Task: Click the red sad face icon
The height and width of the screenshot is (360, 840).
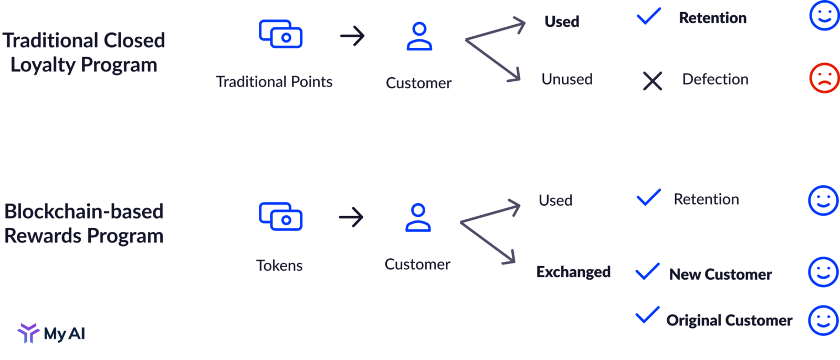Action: click(x=824, y=78)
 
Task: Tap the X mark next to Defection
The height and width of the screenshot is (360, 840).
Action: click(x=653, y=81)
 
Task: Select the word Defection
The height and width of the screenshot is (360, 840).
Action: click(x=715, y=80)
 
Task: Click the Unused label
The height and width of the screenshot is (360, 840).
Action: click(x=567, y=80)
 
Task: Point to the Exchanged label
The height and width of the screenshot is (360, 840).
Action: click(x=573, y=272)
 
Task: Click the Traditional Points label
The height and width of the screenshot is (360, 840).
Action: click(x=274, y=82)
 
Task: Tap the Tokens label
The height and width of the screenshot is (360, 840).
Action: click(x=279, y=266)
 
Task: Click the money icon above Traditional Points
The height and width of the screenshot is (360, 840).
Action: click(x=281, y=34)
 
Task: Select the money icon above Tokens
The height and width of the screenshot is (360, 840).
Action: click(x=281, y=216)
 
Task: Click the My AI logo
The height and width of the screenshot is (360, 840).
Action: click(x=51, y=333)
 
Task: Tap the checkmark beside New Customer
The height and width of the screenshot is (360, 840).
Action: click(x=648, y=272)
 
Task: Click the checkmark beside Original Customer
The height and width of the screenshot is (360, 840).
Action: click(x=648, y=315)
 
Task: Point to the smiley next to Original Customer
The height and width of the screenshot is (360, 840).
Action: click(x=823, y=320)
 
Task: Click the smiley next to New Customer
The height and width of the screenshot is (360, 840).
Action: click(x=823, y=272)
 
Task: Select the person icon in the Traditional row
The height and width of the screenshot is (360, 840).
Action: click(x=419, y=36)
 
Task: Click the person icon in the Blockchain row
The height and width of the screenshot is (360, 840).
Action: click(x=418, y=218)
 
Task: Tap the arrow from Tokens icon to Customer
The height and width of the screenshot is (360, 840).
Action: click(x=351, y=217)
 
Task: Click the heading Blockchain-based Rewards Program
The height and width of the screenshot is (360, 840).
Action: click(x=84, y=224)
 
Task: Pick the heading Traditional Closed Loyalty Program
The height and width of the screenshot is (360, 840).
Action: click(x=84, y=52)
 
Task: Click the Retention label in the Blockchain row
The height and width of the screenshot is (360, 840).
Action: click(x=706, y=199)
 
